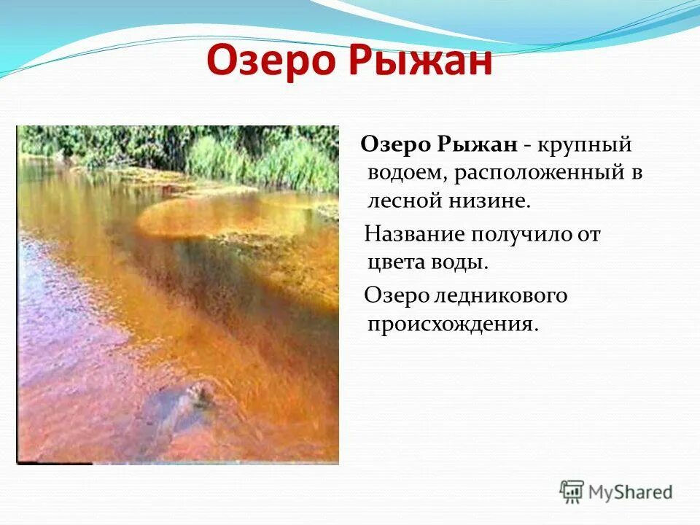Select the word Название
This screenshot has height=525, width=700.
click(416, 235)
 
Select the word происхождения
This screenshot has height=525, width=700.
click(452, 324)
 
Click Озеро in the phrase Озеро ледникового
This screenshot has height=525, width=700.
click(394, 296)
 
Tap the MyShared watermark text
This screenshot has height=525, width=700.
click(631, 492)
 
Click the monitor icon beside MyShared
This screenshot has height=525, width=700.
click(572, 491)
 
